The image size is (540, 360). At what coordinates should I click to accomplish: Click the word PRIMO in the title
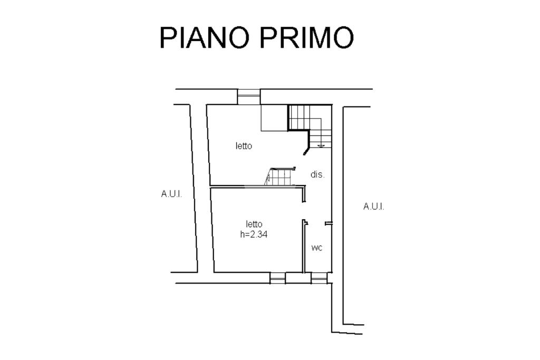click(x=306, y=38)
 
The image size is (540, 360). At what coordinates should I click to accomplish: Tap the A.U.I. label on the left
click(x=171, y=194)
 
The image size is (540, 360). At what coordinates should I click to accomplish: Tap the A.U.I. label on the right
click(x=374, y=207)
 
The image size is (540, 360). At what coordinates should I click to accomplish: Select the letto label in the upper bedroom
click(x=244, y=146)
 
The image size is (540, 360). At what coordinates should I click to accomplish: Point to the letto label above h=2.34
click(x=254, y=224)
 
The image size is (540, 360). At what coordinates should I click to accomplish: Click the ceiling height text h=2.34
click(x=254, y=235)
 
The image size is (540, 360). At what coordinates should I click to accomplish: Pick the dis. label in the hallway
click(x=317, y=174)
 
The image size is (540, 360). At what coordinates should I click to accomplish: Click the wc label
click(x=316, y=248)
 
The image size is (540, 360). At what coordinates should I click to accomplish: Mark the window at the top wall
click(x=249, y=96)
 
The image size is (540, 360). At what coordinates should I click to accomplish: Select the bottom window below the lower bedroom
click(x=277, y=278)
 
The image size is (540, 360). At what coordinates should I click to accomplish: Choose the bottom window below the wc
click(x=319, y=278)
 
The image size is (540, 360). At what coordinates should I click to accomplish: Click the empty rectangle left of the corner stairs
click(x=274, y=118)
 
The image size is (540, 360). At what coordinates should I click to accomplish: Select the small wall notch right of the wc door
click(x=328, y=224)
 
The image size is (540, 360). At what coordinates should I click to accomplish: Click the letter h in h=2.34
click(x=243, y=235)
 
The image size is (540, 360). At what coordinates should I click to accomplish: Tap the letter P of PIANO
click(x=168, y=38)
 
